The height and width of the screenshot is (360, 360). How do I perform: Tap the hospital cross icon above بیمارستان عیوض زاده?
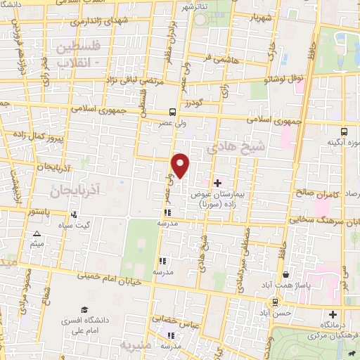(x=217, y=183)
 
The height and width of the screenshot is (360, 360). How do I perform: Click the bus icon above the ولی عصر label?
(x=173, y=112)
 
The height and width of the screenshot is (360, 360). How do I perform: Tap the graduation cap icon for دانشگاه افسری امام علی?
(x=84, y=310)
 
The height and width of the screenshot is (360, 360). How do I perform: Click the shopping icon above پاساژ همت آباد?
(x=285, y=275)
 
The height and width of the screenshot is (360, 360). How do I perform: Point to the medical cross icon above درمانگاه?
(x=333, y=314)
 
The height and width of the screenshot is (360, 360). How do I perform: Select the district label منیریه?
(x=136, y=345)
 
